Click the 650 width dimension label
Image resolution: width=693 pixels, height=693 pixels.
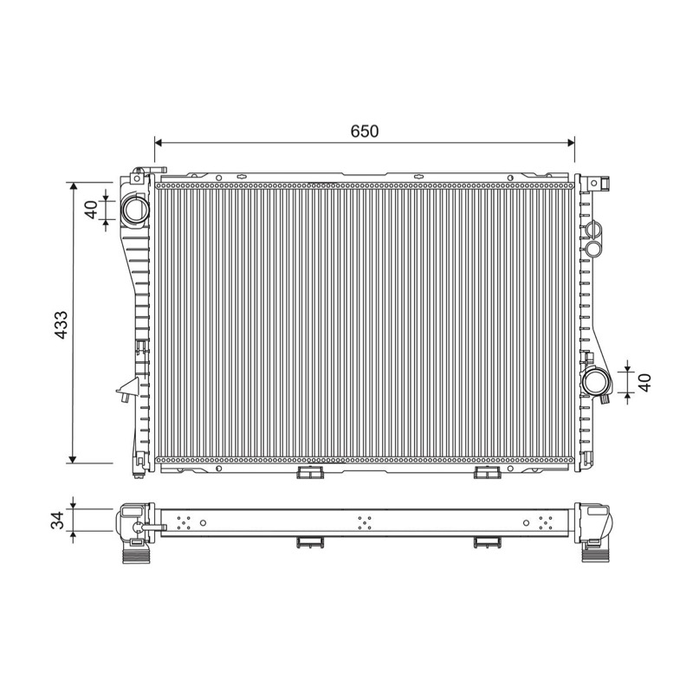pos(364,132)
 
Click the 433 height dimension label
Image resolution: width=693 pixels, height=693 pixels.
pos(61,325)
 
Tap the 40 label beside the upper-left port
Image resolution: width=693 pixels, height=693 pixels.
pos(92,210)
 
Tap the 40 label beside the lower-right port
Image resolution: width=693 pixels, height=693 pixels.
pos(645,382)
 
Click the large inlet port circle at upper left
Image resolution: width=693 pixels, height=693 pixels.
pos(135,210)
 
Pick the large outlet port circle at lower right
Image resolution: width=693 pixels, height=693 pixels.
pos(596,382)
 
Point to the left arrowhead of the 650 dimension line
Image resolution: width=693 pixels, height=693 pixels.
pos(159,143)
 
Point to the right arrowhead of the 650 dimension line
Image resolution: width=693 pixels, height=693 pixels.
pos(570,143)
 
